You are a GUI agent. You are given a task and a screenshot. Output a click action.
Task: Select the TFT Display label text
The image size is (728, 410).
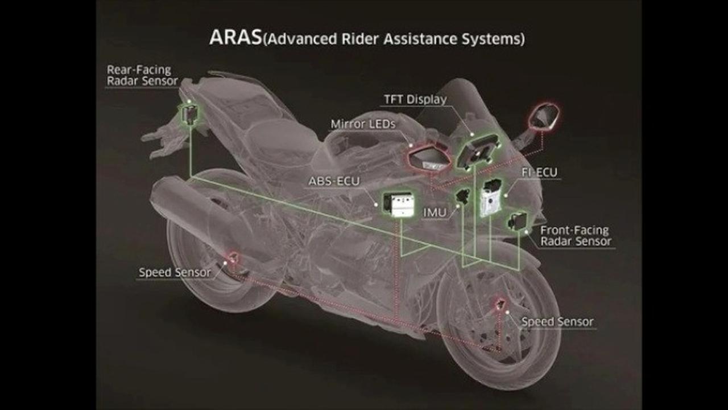[x=415, y=100]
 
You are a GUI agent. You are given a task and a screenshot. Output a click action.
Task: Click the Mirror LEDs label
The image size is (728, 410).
[x=363, y=124]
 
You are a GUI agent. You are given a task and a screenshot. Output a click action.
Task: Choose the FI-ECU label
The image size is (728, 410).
[x=539, y=171]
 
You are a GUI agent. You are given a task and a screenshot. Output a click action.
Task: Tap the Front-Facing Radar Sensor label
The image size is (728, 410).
[x=575, y=236]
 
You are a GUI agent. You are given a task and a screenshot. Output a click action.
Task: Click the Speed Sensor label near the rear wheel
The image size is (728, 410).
[x=175, y=272]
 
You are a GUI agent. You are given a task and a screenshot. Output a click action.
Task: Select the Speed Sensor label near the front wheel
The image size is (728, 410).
[x=557, y=322]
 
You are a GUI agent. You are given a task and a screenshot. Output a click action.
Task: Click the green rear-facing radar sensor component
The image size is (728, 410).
[x=188, y=114]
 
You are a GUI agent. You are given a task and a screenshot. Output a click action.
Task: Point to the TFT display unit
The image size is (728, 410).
[x=475, y=150]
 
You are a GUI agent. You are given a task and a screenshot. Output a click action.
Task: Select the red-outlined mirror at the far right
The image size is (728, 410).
[x=544, y=117]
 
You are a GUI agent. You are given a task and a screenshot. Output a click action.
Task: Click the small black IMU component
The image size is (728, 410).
[x=462, y=196]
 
